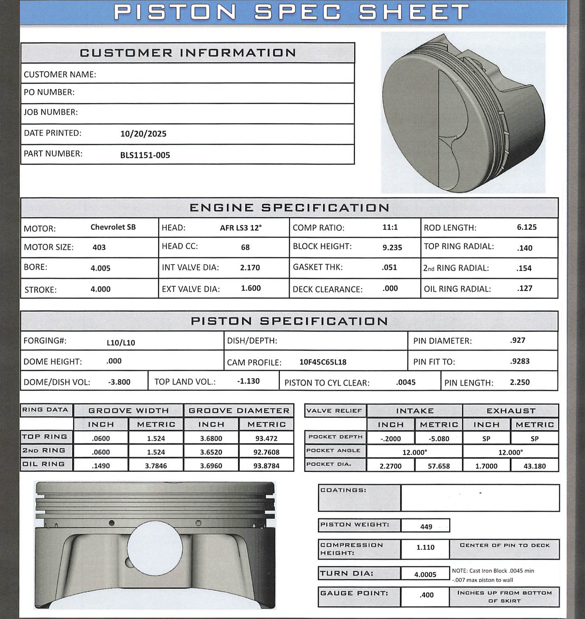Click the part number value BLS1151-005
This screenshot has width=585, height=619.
click(145, 155)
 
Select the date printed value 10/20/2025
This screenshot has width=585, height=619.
click(143, 134)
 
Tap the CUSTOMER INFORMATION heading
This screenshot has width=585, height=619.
click(188, 53)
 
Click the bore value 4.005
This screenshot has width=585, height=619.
click(101, 268)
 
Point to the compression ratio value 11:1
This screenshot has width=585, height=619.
click(390, 227)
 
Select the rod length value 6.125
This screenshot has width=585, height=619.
click(526, 227)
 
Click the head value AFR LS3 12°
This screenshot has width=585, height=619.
click(240, 228)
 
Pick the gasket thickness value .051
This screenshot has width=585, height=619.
click(389, 267)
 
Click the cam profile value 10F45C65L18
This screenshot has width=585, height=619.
click(322, 362)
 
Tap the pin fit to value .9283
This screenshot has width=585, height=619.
click(519, 361)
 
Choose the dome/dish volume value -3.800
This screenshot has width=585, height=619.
click(119, 382)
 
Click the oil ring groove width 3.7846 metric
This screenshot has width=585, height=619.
click(156, 466)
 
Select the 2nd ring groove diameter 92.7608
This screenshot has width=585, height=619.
click(266, 452)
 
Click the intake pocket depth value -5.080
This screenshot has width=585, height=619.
click(439, 439)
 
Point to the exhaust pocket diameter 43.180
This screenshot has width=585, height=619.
click(534, 466)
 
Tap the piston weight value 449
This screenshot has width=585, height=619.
click(426, 527)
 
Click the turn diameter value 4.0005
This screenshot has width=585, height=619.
click(425, 575)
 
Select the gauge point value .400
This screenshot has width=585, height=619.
click(426, 595)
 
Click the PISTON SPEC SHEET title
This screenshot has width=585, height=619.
click(292, 12)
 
